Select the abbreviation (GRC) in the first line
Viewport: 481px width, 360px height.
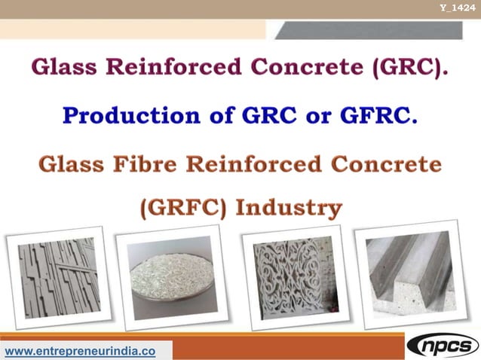[407, 66]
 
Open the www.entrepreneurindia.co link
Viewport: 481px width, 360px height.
[81, 351]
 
